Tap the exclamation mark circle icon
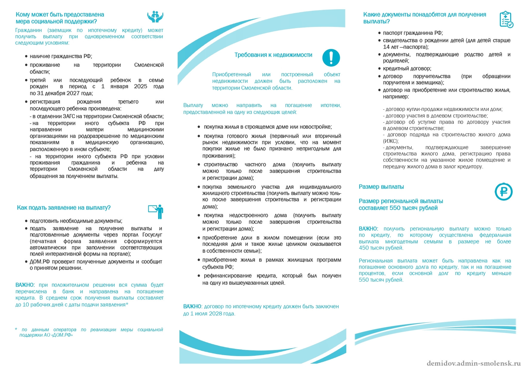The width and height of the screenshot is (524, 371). (331, 58)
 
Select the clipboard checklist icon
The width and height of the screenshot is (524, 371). (506, 19)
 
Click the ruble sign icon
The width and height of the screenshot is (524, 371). (503, 192)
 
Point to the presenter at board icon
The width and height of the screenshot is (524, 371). (156, 211)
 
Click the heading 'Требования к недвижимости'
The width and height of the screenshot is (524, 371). (273, 55)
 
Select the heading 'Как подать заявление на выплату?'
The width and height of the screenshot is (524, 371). (64, 208)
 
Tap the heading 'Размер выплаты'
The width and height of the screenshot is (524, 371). (381, 187)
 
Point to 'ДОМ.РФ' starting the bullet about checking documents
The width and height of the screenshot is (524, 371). (40, 262)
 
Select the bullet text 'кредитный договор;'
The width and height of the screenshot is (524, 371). (407, 68)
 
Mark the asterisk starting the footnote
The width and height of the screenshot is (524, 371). (16, 329)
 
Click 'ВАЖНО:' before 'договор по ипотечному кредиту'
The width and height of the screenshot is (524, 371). (192, 306)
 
